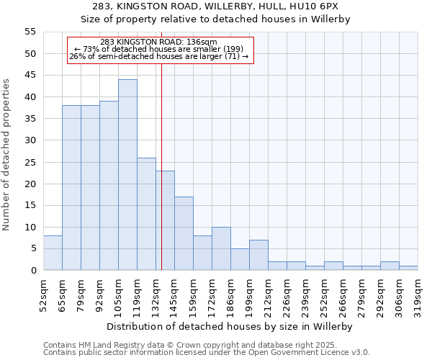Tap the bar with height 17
coord(184,233)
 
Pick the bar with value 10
coord(221,248)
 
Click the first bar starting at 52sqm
coord(53,253)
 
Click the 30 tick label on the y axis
coord(30,140)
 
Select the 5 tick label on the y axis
coord(32,248)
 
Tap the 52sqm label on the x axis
coord(43,295)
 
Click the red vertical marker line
coord(161,180)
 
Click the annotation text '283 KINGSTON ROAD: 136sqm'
coord(158,42)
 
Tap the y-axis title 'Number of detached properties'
coord(6,155)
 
